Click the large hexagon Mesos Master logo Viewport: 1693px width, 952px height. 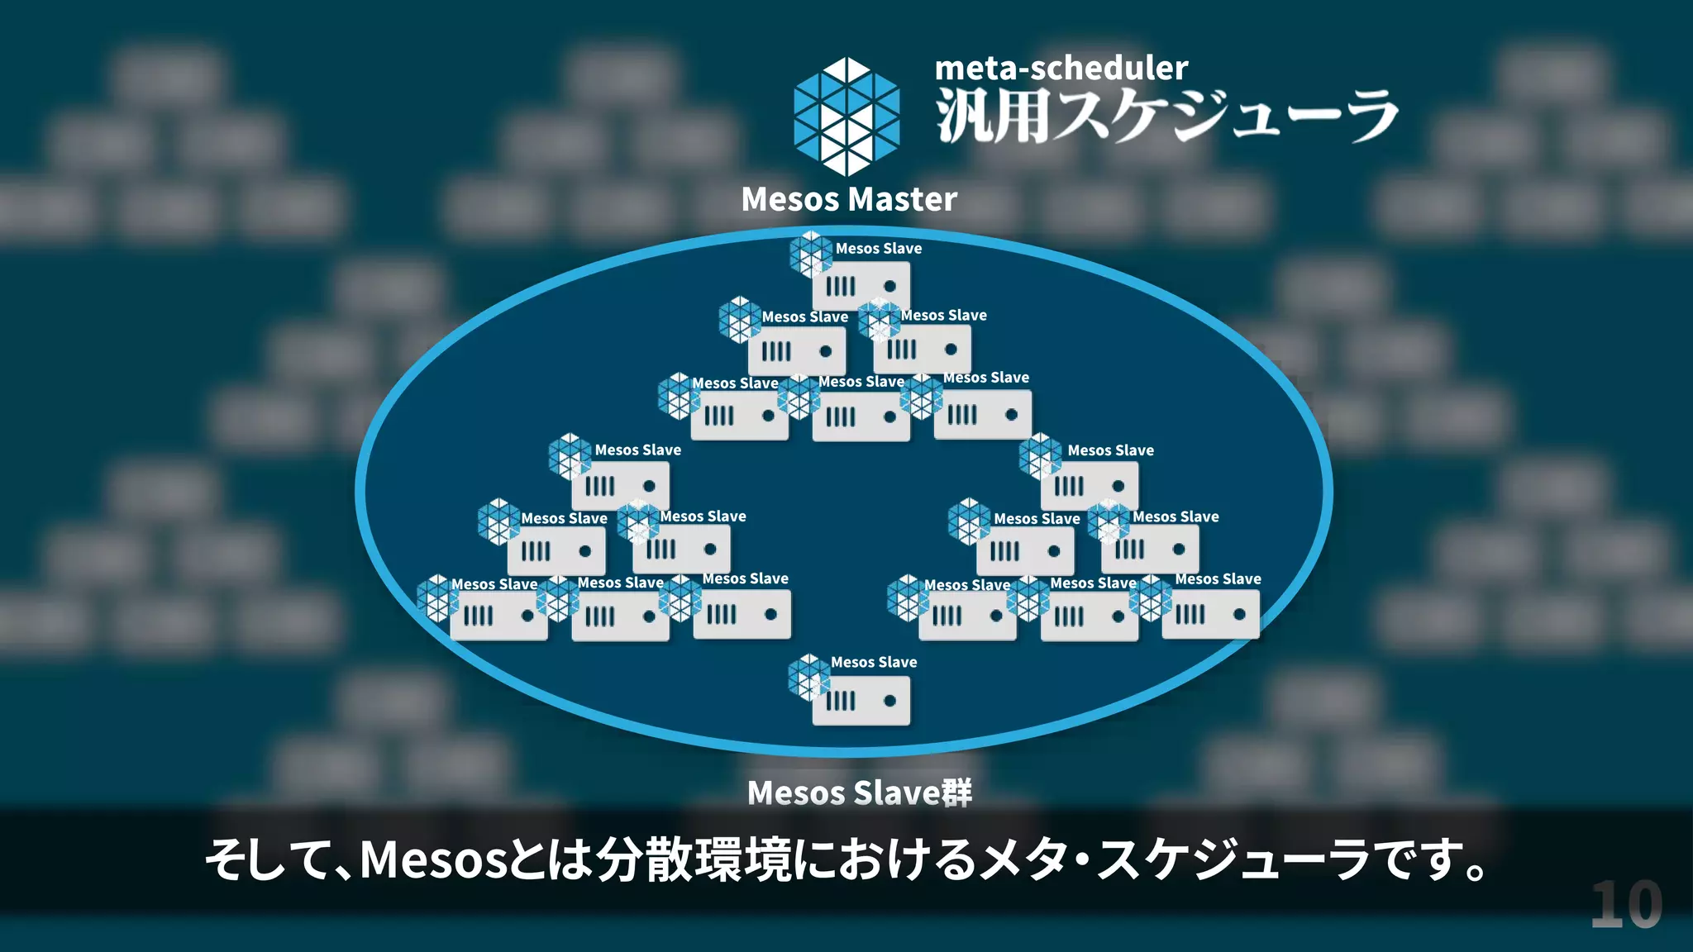click(846, 117)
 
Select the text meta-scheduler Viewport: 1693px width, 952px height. click(1061, 68)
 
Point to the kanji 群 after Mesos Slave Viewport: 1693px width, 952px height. click(957, 793)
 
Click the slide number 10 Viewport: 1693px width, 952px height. click(1626, 906)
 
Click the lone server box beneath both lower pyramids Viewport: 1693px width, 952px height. click(861, 701)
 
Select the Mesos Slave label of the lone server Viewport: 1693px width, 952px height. click(874, 662)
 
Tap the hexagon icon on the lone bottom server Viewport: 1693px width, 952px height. click(808, 677)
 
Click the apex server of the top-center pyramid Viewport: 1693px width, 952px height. click(861, 286)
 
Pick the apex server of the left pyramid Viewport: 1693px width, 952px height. click(620, 486)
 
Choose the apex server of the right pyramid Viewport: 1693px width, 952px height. click(1089, 486)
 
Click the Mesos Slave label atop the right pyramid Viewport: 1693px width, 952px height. click(1110, 450)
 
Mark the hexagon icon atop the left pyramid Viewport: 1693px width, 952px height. click(570, 456)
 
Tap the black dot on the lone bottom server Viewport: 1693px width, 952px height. click(889, 701)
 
